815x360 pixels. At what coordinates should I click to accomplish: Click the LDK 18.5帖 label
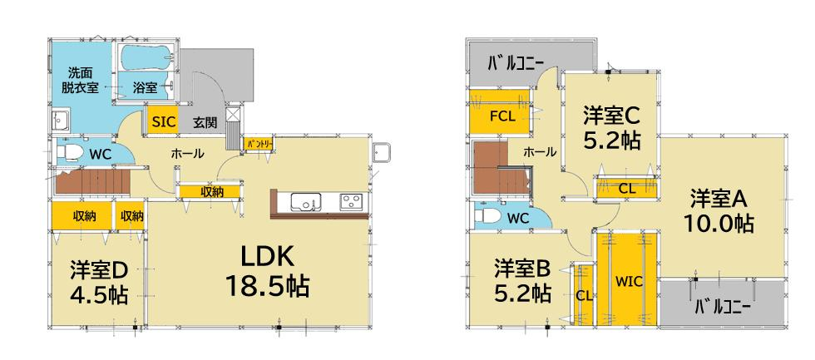coord(268,271)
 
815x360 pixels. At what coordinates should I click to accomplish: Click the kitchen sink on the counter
coord(306,201)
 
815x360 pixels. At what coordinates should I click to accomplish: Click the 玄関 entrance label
coord(205,123)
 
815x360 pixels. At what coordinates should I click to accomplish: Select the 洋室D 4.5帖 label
coord(99,283)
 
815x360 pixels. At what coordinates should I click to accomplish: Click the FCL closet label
coord(502,116)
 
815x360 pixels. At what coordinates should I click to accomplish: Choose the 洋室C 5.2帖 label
coord(611,127)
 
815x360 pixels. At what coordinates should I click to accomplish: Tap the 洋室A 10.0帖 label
coord(719,210)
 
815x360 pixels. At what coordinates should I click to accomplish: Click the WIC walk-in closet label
coord(629,283)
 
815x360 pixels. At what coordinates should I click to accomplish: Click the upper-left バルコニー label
coord(515,63)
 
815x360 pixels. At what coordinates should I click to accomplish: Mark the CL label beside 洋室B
coord(584,296)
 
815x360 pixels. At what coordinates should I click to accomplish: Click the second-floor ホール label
coord(540,152)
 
